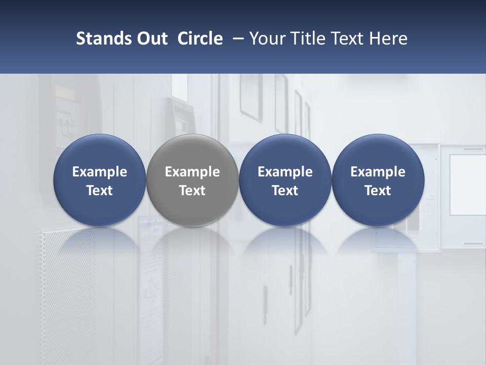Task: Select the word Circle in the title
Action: click(x=200, y=39)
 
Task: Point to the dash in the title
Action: click(x=236, y=39)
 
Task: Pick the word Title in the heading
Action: click(x=308, y=39)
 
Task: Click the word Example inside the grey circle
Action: click(x=192, y=172)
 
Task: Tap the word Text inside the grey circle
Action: click(x=192, y=191)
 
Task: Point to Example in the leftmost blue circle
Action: click(x=100, y=172)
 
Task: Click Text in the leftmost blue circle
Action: click(x=100, y=191)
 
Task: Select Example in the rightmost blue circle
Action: click(x=378, y=172)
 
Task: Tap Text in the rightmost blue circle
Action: click(x=378, y=191)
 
